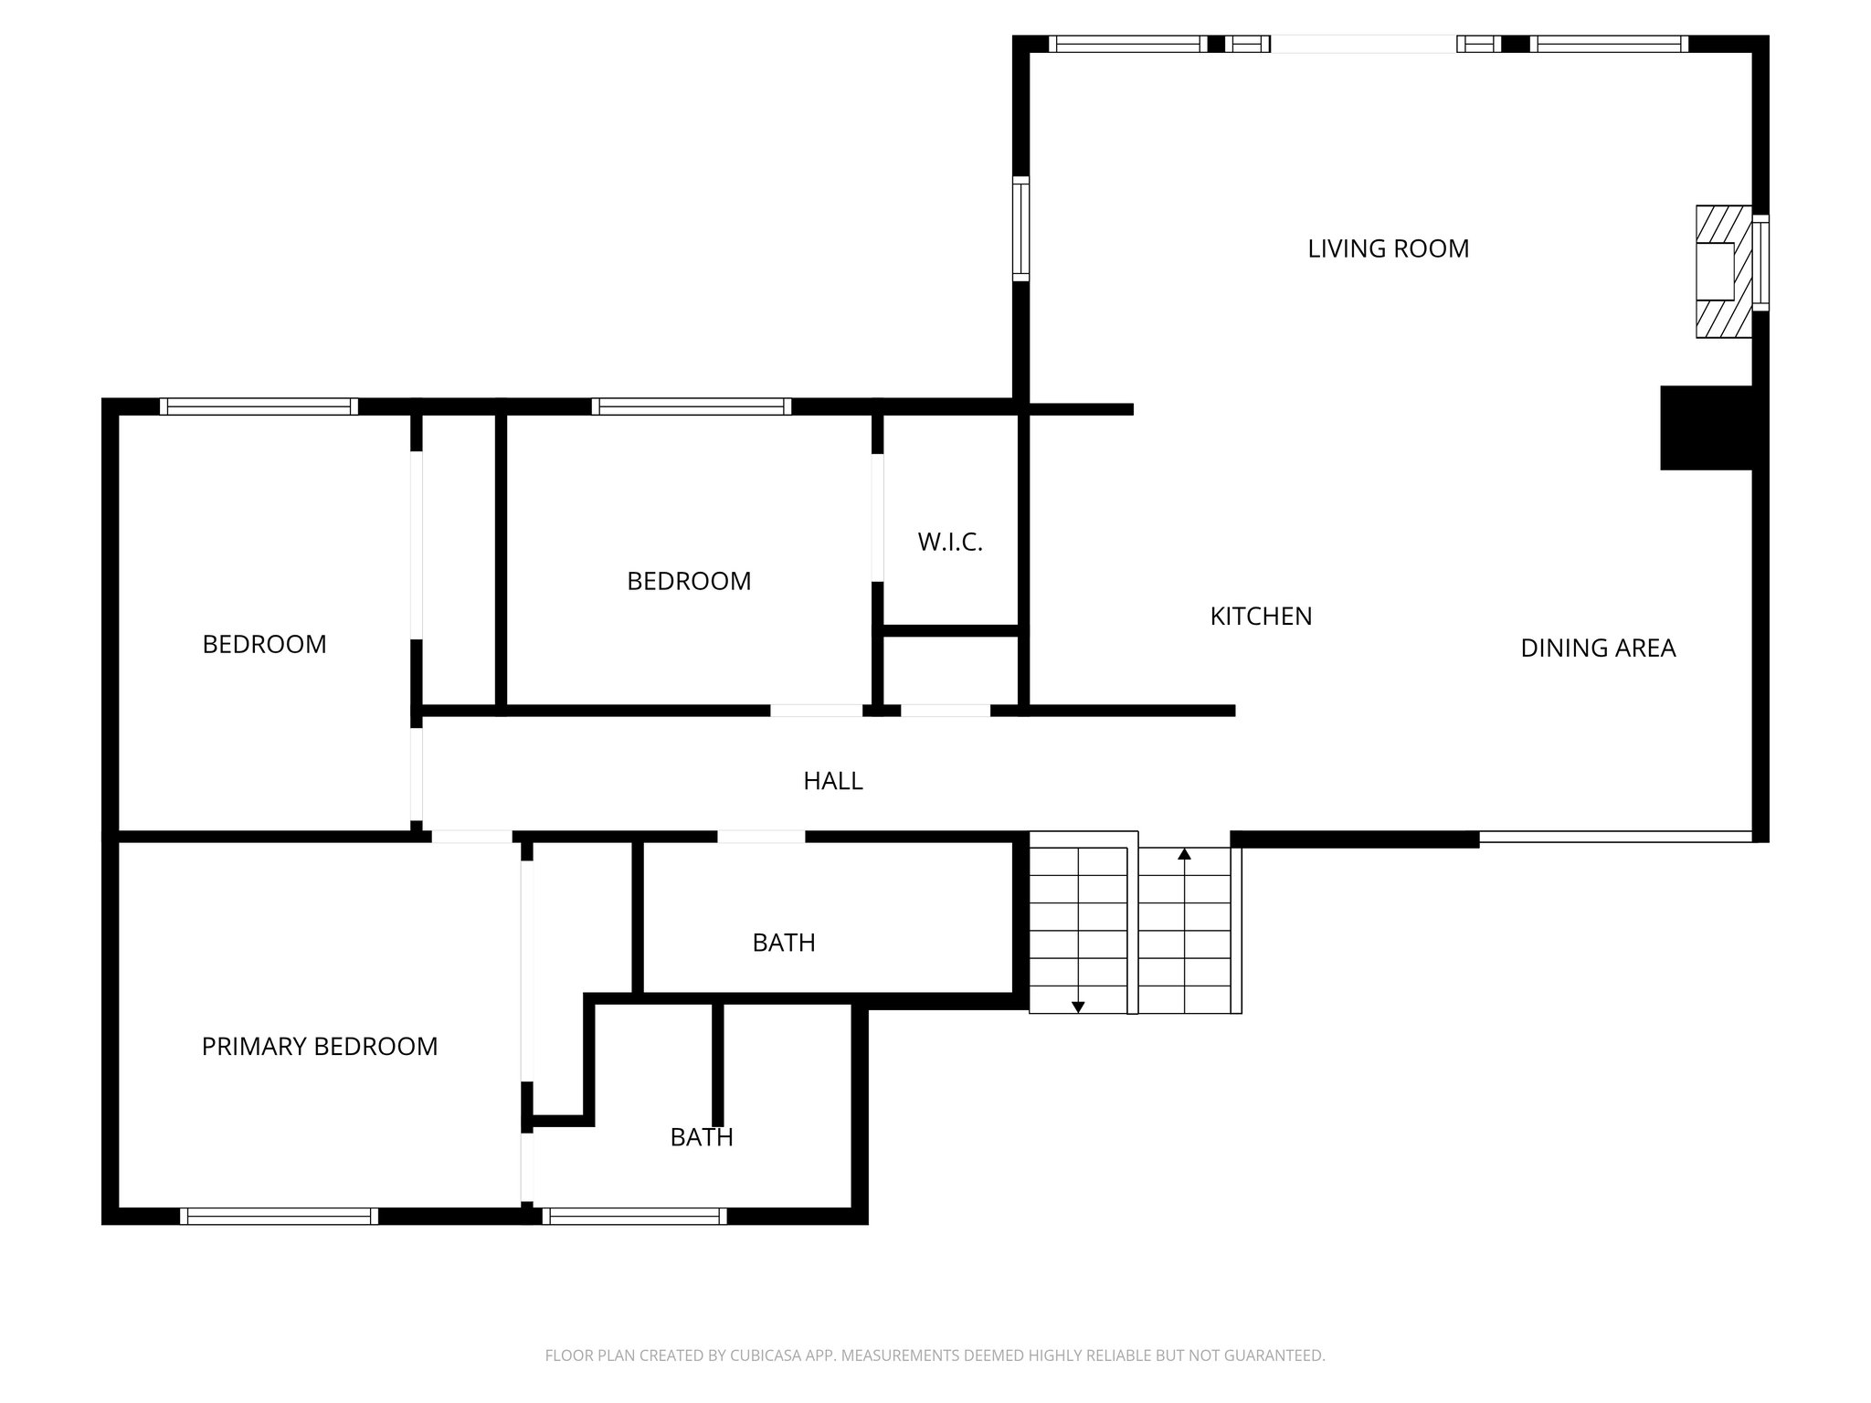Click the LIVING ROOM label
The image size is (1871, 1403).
coord(1388,248)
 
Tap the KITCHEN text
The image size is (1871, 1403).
coord(1261,617)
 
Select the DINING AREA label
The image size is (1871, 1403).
coord(1597,649)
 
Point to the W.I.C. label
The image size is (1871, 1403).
coord(950,543)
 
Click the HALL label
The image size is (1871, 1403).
coord(832,781)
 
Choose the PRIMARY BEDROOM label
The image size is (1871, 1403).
coord(320,1047)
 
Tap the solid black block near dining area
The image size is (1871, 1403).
coord(1706,428)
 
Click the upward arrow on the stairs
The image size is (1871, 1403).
coord(1185,855)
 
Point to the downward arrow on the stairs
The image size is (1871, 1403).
coord(1078,1007)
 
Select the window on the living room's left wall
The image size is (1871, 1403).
coord(1020,227)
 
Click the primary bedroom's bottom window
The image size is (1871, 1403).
coord(279,1216)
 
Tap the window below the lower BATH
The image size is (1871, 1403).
coord(634,1216)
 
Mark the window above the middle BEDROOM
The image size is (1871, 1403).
coord(691,406)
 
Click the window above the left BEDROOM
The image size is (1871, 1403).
coord(259,406)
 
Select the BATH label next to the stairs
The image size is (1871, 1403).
coord(783,943)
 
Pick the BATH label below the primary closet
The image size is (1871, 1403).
coord(701,1137)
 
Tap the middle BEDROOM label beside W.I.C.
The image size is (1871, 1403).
coord(689,582)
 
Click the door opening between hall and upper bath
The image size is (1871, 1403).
coord(761,836)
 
